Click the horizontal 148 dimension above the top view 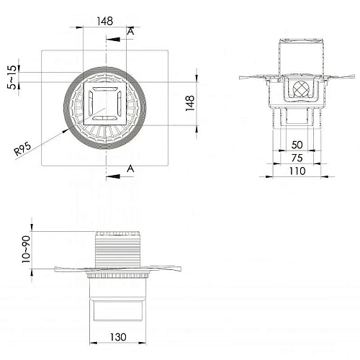click(105, 21)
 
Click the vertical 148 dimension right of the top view click(190, 103)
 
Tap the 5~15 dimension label click(12, 77)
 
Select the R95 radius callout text click(22, 149)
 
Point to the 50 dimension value click(297, 145)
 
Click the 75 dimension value click(297, 158)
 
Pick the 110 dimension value click(297, 171)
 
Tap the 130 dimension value click(118, 337)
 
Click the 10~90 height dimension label click(26, 249)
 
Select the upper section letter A click(130, 31)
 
